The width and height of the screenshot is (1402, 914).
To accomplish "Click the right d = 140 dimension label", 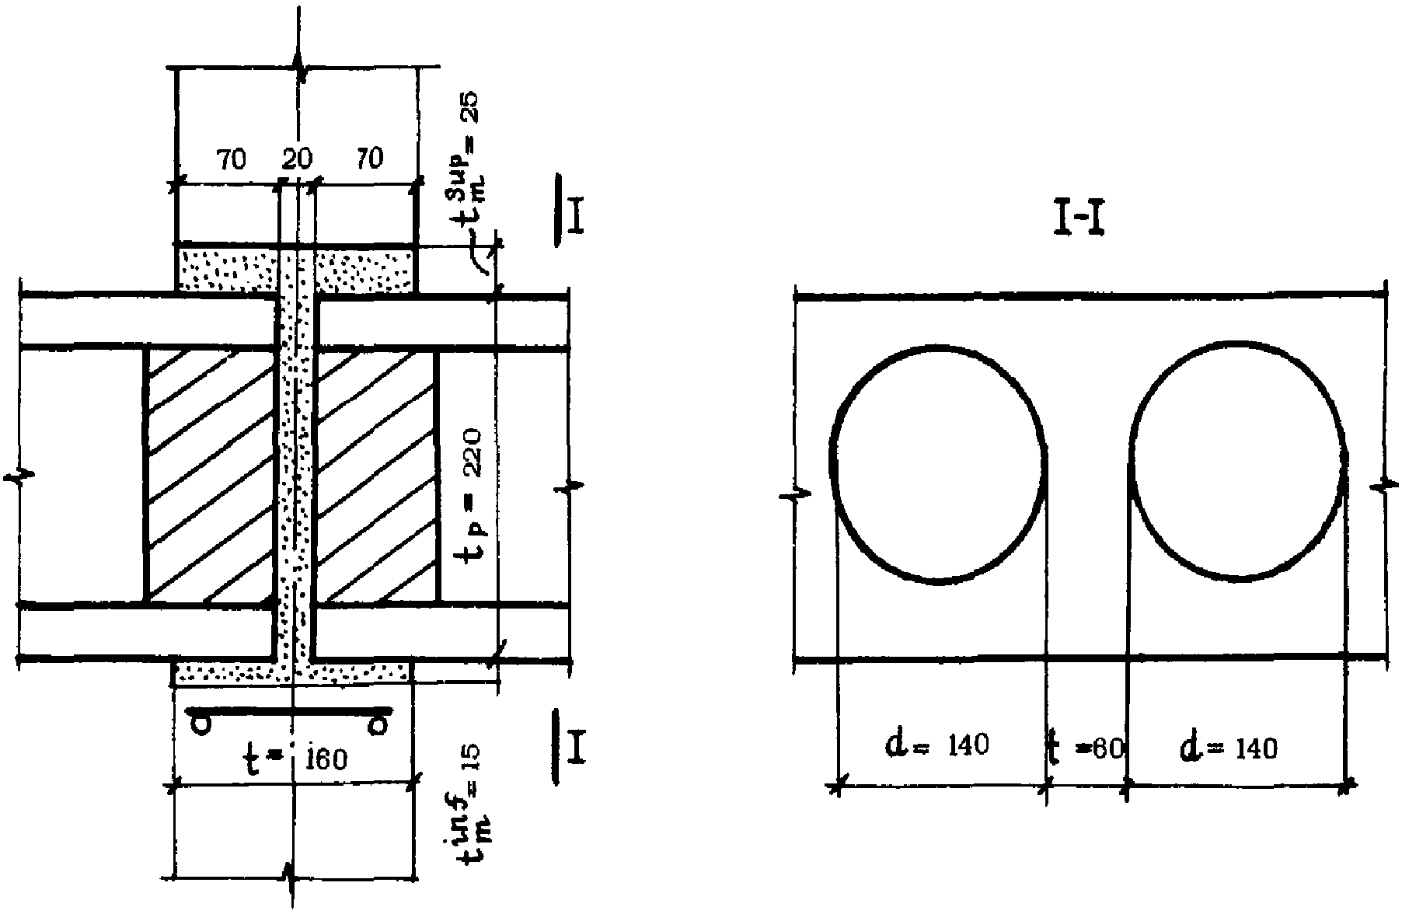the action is point(1229,747).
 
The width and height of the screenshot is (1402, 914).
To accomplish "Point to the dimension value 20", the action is point(296,159).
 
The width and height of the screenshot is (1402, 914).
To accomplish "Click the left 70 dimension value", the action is point(231,159).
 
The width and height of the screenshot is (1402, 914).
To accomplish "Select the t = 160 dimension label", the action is point(297,758).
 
